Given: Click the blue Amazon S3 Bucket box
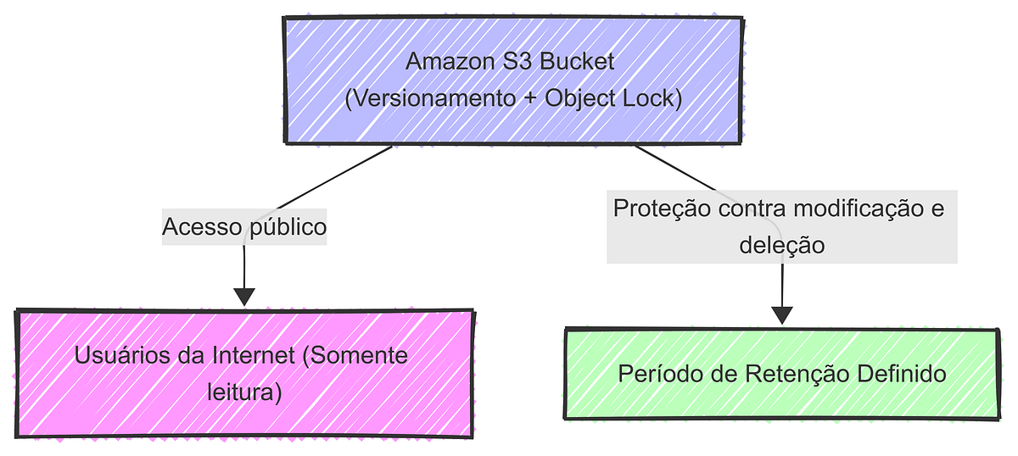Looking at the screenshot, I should tap(513, 81).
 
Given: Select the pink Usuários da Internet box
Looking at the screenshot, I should tap(244, 373).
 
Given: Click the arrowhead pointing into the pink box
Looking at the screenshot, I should tap(244, 296).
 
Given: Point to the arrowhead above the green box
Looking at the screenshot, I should tap(781, 314).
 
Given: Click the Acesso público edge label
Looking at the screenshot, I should tap(244, 227).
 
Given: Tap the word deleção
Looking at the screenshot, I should tap(781, 245).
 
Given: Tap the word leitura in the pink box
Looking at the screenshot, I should tap(244, 392).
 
